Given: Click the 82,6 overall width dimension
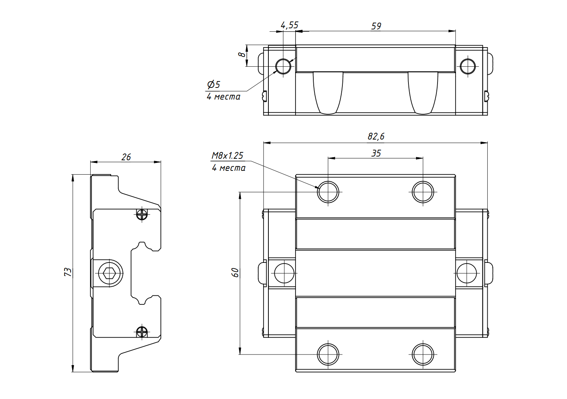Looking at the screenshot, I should (x=376, y=136).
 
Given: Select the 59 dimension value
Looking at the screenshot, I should (x=376, y=26).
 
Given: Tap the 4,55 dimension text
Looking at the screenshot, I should (x=290, y=25).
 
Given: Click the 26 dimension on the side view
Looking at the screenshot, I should (x=126, y=157).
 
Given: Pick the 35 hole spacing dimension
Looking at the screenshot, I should (x=376, y=153).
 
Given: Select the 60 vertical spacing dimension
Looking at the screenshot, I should (x=235, y=272).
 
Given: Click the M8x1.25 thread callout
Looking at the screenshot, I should (x=227, y=155).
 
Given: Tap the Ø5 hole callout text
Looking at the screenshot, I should (x=214, y=84).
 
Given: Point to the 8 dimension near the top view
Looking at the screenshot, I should (x=242, y=55).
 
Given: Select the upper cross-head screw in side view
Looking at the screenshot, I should (x=142, y=214).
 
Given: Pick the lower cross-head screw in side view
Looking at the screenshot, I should (x=142, y=332).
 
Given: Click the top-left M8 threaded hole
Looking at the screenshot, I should (x=328, y=192).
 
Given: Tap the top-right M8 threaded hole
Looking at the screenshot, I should (x=423, y=192).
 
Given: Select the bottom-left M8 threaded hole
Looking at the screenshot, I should (x=328, y=354).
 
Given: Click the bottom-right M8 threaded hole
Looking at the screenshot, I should (x=423, y=354).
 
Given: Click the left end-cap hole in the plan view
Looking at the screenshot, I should (x=284, y=273).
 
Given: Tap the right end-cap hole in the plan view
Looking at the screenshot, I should (x=467, y=273).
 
